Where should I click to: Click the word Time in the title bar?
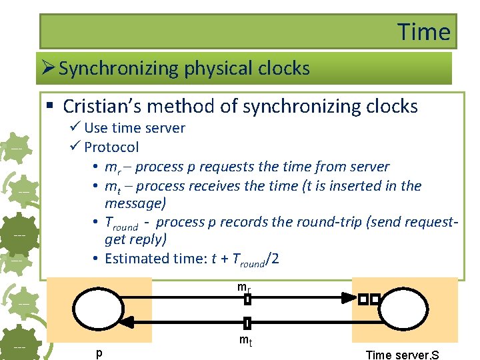click(x=424, y=31)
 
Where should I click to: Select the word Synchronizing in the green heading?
click(x=117, y=68)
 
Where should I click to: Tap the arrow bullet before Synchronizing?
click(x=48, y=68)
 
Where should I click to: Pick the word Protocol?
click(x=111, y=147)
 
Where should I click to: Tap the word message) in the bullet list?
click(x=135, y=202)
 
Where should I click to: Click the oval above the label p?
click(x=99, y=312)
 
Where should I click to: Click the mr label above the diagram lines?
click(x=244, y=287)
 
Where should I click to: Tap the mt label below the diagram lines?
click(x=245, y=341)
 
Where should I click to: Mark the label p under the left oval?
click(x=99, y=352)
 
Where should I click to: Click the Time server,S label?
click(x=402, y=355)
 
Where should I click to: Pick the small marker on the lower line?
click(x=247, y=323)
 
